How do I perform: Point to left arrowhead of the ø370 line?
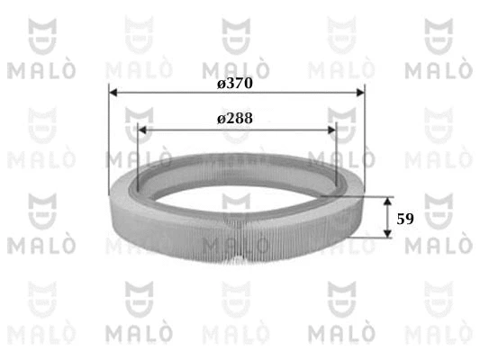pyautogui.click(x=113, y=91)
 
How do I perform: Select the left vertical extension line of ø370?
pyautogui.click(x=107, y=135)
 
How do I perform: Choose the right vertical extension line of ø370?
pyautogui.click(x=365, y=135)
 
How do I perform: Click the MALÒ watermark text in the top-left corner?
pyautogui.click(x=36, y=68)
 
